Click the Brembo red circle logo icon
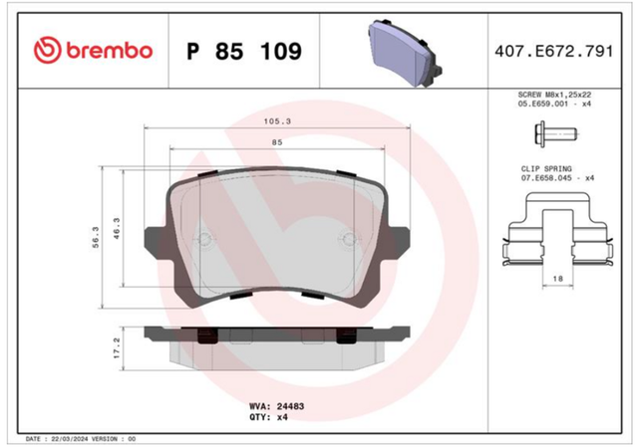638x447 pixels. click(x=47, y=51)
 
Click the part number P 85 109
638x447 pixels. click(x=244, y=51)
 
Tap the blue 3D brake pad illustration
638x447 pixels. click(x=405, y=53)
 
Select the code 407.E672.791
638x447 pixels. click(x=554, y=51)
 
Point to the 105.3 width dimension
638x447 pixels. click(x=277, y=121)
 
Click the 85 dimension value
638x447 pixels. click(x=277, y=142)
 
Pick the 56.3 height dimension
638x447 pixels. click(x=96, y=237)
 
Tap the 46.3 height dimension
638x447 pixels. click(x=117, y=228)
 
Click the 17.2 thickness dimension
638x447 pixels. click(x=117, y=347)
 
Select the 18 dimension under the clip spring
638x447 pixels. click(x=558, y=279)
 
